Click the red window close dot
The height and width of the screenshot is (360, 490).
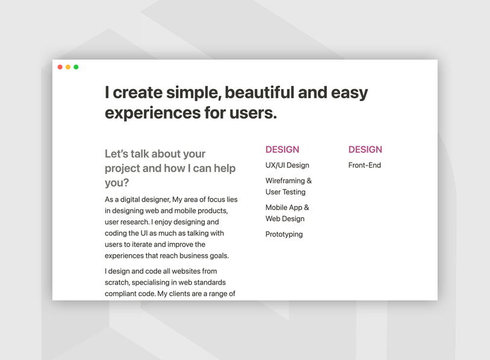60,67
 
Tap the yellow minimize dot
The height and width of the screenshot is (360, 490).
68,67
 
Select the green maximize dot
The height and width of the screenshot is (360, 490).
76,67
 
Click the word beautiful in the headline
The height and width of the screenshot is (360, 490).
259,93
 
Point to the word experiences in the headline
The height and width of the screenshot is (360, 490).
152,113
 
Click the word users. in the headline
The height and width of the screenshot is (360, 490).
253,113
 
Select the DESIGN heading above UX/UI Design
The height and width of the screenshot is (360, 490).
282,149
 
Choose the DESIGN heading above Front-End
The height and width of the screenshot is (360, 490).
365,149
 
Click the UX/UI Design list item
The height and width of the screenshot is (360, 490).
287,166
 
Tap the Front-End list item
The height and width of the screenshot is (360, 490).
365,165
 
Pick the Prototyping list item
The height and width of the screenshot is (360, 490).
284,234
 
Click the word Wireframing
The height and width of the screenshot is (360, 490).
285,181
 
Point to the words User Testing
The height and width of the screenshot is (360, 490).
285,192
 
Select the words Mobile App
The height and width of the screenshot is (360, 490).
284,208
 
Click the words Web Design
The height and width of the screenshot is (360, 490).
285,219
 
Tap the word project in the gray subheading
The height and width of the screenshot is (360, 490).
123,169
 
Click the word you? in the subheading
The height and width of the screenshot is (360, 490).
117,183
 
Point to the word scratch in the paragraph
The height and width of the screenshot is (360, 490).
116,282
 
